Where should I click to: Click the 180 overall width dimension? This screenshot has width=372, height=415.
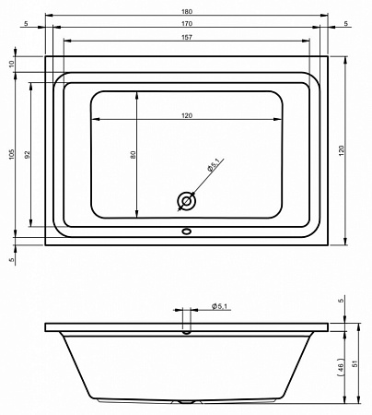pyautogui.click(x=187, y=12)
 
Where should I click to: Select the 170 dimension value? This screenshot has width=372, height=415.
pyautogui.click(x=187, y=24)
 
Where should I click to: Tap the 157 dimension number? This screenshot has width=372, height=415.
pyautogui.click(x=187, y=37)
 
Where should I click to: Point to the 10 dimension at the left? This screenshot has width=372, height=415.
pyautogui.click(x=12, y=64)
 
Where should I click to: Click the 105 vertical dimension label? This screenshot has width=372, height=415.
pyautogui.click(x=12, y=154)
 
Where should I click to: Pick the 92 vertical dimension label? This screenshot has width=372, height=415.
pyautogui.click(x=28, y=154)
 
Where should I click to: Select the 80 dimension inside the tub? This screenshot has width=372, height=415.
pyautogui.click(x=133, y=154)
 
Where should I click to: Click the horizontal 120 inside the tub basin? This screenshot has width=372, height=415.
pyautogui.click(x=187, y=115)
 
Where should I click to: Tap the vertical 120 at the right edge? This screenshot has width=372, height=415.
pyautogui.click(x=342, y=150)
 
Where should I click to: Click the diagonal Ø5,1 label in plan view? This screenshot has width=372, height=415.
pyautogui.click(x=213, y=164)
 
